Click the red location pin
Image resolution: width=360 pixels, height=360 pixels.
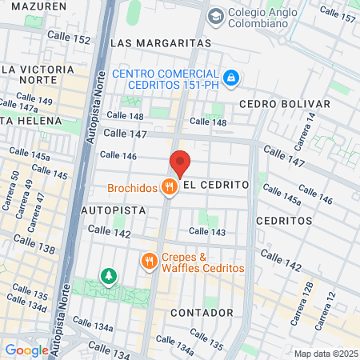[x=180, y=162]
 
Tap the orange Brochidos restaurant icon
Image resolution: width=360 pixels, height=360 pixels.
[x=169, y=188]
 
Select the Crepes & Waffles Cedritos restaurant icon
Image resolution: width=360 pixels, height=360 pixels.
[x=149, y=261]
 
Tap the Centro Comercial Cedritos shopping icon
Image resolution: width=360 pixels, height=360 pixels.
[x=230, y=78]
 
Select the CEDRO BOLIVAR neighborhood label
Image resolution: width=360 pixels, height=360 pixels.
[x=284, y=104]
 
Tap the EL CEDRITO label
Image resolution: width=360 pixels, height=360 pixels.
[x=216, y=185]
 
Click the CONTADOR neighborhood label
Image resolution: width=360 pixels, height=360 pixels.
[x=202, y=312]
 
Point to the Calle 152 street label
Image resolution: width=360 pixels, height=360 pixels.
[x=70, y=38]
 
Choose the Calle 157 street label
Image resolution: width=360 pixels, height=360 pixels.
[x=337, y=14]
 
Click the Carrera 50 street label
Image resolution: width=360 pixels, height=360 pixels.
[x=14, y=185]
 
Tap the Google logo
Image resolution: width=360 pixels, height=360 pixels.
[x=26, y=350]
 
